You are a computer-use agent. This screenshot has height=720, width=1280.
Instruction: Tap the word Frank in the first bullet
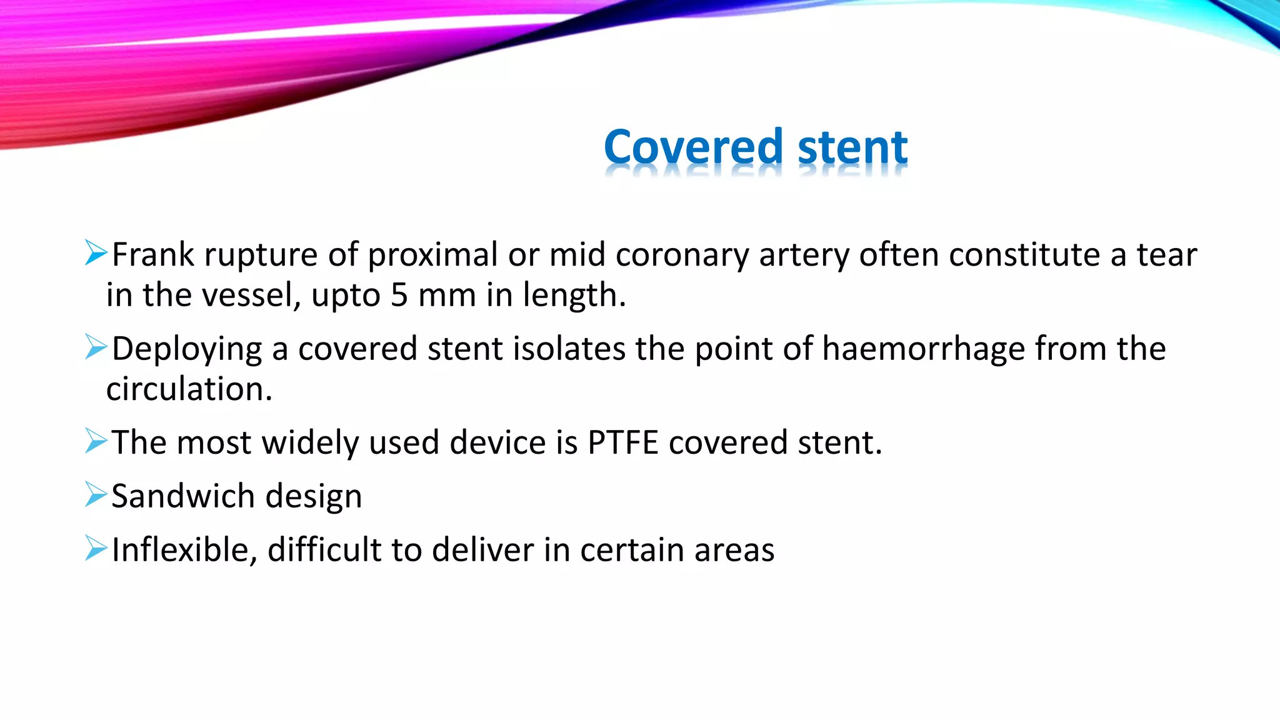click(x=152, y=255)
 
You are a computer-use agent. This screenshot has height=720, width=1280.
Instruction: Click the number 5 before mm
click(x=399, y=295)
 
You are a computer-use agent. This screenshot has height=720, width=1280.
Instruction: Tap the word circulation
click(x=189, y=389)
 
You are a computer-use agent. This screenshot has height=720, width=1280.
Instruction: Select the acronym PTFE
click(x=622, y=442)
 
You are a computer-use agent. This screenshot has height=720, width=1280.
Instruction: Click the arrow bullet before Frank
click(x=96, y=252)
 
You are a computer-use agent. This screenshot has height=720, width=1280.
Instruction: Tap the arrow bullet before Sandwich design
click(x=96, y=494)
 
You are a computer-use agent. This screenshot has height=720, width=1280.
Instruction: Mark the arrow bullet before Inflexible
click(x=96, y=547)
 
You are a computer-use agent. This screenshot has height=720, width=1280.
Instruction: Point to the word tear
click(x=1166, y=255)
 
